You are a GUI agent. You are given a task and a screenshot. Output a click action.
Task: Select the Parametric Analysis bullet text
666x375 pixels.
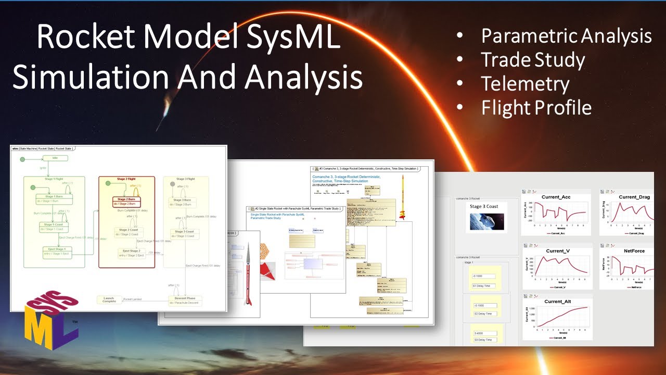pyautogui.click(x=566, y=36)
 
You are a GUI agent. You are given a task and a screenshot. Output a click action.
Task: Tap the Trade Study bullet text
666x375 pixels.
pyautogui.click(x=533, y=60)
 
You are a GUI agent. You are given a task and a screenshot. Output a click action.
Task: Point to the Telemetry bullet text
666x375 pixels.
pyautogui.click(x=525, y=84)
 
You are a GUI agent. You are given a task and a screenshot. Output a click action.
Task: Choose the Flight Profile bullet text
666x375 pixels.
pyautogui.click(x=536, y=108)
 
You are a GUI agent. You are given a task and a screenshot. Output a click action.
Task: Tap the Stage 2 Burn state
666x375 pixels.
pyautogui.click(x=126, y=201)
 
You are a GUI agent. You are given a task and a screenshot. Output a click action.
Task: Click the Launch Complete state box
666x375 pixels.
pyautogui.click(x=109, y=299)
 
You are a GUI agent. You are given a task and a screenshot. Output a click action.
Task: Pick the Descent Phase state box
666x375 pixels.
pyautogui.click(x=185, y=300)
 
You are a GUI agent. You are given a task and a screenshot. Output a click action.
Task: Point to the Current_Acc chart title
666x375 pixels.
pyautogui.click(x=557, y=197)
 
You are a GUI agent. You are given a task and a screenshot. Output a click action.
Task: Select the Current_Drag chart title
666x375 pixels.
pyautogui.click(x=634, y=197)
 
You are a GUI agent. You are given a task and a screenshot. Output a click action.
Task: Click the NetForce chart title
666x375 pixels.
pyautogui.click(x=634, y=251)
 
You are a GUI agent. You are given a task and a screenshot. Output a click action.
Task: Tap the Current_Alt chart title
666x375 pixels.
pyautogui.click(x=557, y=302)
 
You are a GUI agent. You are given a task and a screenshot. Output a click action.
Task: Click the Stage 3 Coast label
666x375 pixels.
pyautogui.click(x=484, y=207)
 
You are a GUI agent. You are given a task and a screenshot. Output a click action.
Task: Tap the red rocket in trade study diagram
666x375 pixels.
pyautogui.click(x=248, y=273)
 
